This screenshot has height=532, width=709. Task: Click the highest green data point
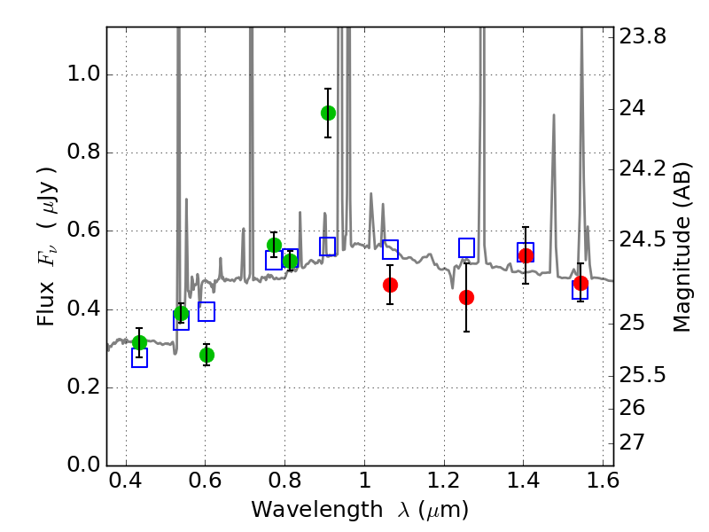328,113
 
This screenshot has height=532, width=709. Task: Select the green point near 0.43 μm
139,342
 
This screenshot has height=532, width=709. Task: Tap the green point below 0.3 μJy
206,355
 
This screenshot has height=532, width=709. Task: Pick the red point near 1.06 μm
390,285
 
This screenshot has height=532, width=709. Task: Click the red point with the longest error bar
466,297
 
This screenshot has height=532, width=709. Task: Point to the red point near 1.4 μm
526,256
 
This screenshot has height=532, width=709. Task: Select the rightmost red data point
580,284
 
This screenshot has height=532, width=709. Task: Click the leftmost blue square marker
139,357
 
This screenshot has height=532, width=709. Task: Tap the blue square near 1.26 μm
466,247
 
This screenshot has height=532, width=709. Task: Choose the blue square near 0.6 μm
206,311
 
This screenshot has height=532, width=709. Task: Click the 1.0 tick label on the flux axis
83,74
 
